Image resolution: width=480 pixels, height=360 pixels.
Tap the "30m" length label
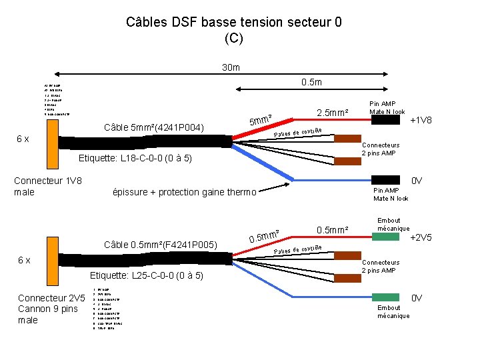click(x=231, y=67)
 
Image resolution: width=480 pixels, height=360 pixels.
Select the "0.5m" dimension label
click(x=311, y=82)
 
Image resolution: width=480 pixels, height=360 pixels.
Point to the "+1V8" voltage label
click(x=421, y=121)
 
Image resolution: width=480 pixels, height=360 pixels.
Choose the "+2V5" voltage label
click(x=421, y=237)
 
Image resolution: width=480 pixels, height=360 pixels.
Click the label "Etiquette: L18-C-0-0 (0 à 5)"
click(x=135, y=159)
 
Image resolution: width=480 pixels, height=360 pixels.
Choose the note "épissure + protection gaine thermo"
click(x=185, y=193)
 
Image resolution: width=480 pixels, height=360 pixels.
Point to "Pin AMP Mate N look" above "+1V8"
click(x=389, y=107)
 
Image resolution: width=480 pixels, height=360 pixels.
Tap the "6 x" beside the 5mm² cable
click(x=22, y=139)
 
